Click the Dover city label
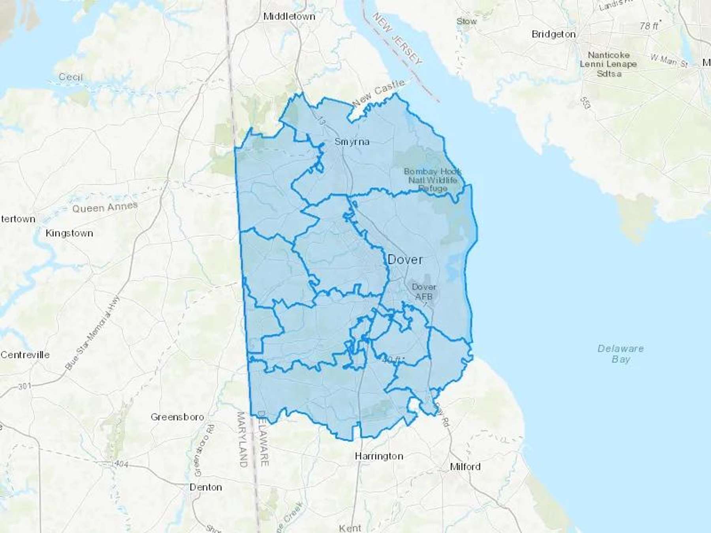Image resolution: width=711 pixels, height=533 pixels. click(405, 260)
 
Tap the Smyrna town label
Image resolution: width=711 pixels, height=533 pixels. click(352, 142)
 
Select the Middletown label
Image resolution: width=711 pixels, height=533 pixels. click(289, 17)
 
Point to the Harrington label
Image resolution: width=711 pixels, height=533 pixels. click(379, 456)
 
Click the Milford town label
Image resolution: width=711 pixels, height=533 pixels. click(465, 467)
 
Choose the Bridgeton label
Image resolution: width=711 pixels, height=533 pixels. click(553, 34)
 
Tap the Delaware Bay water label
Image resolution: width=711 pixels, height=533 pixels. click(621, 354)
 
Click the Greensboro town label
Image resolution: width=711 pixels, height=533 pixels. click(177, 417)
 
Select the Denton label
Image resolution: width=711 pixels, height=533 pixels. click(206, 487)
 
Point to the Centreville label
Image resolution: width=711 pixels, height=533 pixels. click(25, 355)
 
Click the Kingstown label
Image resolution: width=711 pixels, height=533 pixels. click(70, 233)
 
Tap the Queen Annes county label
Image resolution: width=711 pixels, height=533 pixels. click(105, 207)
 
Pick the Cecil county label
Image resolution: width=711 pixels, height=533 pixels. click(71, 77)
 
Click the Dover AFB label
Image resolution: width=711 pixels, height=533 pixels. click(424, 292)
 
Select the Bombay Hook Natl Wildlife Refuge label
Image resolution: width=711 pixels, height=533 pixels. click(433, 180)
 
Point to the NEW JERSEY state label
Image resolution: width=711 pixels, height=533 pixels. click(397, 38)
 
